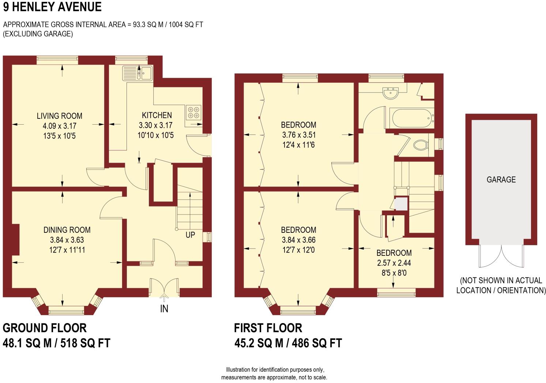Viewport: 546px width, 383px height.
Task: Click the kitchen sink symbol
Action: tap(138, 73)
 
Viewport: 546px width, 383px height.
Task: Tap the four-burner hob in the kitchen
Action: tap(193, 112)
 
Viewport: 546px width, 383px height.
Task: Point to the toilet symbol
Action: tap(421, 145)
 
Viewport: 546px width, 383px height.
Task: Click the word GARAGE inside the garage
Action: tap(501, 179)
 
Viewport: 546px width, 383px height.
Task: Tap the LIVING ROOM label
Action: tap(59, 116)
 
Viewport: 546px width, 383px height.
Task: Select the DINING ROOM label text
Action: tap(67, 230)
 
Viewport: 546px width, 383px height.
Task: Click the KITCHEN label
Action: tap(157, 115)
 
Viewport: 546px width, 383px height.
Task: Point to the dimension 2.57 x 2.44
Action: tap(394, 263)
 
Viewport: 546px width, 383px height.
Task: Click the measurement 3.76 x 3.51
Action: tap(298, 135)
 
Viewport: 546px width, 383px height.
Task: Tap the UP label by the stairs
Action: tap(190, 235)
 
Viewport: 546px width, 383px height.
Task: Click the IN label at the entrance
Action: tap(164, 309)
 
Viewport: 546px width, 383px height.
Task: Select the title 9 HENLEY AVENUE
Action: tap(52, 7)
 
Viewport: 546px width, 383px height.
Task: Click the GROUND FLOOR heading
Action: tap(45, 328)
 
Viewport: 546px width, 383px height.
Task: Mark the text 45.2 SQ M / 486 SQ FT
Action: tap(288, 343)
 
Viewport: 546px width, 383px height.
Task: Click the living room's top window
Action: tap(57, 60)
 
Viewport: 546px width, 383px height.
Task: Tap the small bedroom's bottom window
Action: tap(396, 292)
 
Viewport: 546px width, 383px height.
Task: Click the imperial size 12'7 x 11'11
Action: tap(67, 250)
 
